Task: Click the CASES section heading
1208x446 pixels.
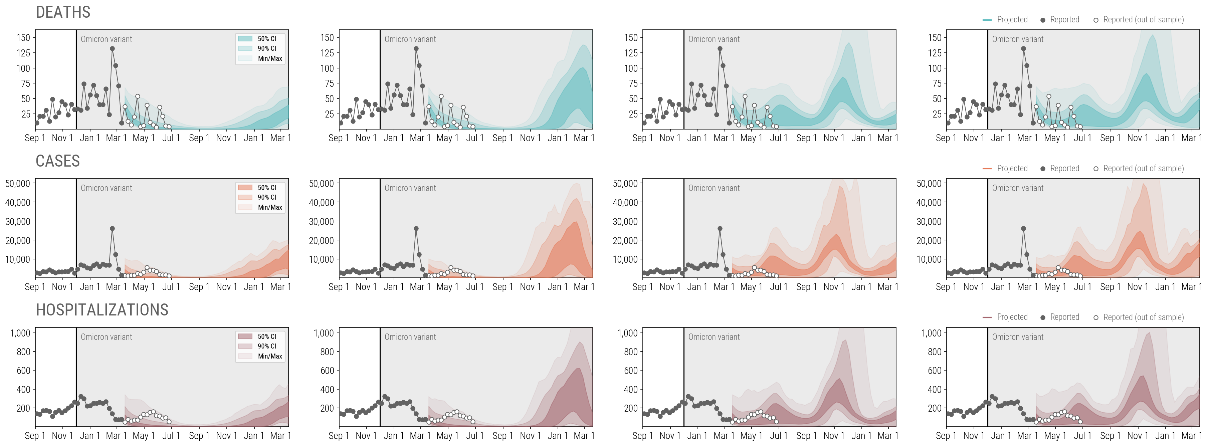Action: pos(58,161)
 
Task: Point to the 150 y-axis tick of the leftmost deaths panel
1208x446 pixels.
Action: pos(23,37)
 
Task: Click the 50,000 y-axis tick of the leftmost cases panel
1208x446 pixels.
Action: pos(18,183)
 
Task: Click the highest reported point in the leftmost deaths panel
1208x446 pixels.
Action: pos(113,48)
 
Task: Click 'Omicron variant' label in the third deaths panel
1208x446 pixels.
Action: pos(714,39)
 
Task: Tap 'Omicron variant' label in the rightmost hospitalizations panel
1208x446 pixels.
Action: pos(1018,337)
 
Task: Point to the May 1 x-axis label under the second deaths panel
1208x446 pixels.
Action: pos(444,138)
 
